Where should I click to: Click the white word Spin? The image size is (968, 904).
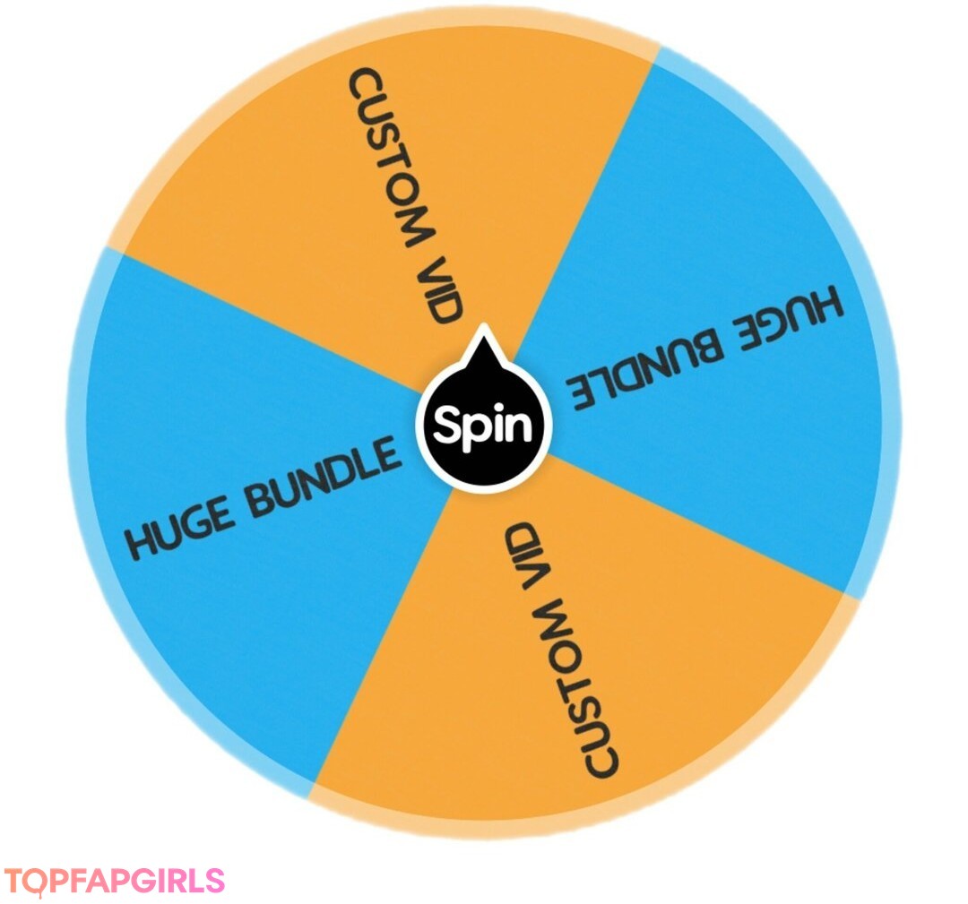483,425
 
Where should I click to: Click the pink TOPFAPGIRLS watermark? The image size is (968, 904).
114,881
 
